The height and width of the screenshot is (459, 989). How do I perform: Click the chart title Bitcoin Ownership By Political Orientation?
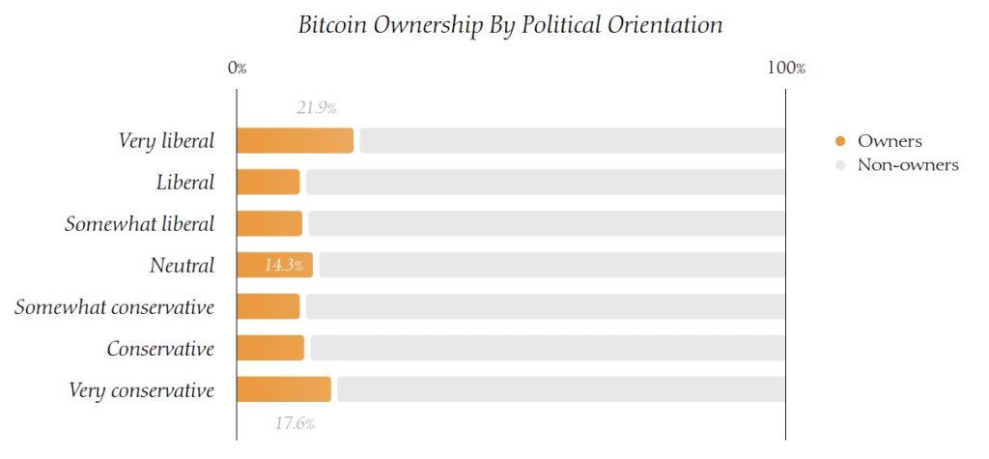point(510,25)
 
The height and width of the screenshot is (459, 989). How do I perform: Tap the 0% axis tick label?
point(237,69)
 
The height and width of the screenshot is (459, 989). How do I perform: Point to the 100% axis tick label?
point(786,69)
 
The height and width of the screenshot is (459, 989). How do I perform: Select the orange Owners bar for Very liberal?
point(295,141)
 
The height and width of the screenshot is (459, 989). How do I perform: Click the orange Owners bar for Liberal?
point(268,182)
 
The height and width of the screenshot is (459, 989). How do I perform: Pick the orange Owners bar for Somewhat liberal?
point(269,223)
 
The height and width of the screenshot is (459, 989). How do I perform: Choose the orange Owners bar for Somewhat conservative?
point(268,306)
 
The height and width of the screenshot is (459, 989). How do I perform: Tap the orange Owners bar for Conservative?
point(270,348)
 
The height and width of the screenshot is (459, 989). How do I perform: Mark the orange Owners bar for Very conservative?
point(284,389)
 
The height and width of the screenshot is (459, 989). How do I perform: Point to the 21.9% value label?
point(316,108)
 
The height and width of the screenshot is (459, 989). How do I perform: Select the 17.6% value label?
point(295,423)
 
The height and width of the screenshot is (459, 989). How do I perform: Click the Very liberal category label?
point(166,141)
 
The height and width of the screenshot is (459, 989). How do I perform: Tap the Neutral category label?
point(182,265)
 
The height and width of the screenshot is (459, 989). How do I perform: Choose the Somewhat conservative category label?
point(114,307)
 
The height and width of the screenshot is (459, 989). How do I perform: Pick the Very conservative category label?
point(141,390)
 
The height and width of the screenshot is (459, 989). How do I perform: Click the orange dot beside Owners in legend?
point(840,142)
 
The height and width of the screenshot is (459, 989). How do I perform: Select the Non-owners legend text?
point(908,165)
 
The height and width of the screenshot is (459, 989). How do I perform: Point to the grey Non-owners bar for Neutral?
point(551,265)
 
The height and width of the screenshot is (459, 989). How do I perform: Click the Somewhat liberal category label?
point(139,224)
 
